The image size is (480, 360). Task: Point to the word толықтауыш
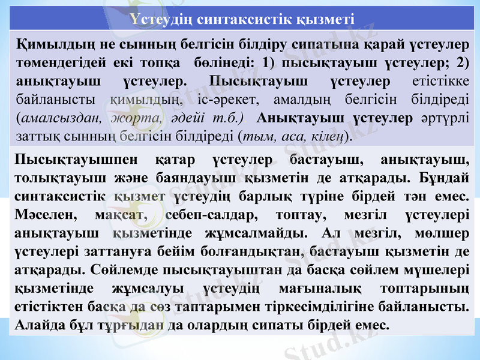(52, 178)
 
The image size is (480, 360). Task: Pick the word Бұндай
(446, 178)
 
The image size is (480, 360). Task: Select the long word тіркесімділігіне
(338, 307)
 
